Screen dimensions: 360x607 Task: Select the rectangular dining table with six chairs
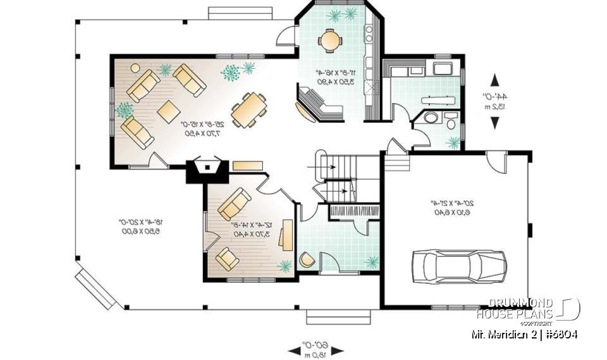click(248, 109)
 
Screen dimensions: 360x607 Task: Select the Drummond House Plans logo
click(528, 309)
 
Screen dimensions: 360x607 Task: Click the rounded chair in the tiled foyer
click(308, 260)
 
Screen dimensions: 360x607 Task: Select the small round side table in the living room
click(125, 110)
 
